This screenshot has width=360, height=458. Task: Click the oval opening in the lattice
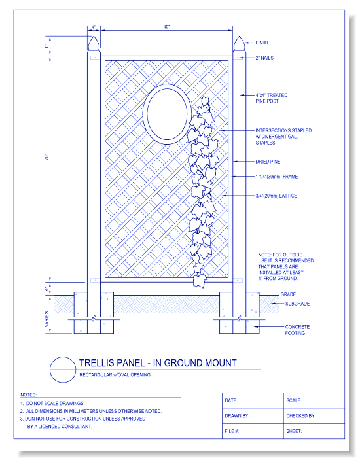tap(164, 113)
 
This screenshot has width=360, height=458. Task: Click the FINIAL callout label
tap(262, 43)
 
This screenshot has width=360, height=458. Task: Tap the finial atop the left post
tap(94, 45)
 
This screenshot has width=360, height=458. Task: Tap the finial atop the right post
tap(238, 45)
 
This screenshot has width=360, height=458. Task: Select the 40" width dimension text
tap(166, 27)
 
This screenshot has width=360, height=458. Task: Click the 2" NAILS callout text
tap(264, 58)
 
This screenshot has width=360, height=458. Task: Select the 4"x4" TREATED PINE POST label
tap(271, 98)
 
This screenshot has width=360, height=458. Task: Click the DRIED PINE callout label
tap(268, 161)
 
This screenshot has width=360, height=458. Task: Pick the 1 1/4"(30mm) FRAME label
tap(277, 177)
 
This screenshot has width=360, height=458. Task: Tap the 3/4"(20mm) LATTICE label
tap(276, 196)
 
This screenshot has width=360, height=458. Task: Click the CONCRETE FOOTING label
tap(297, 330)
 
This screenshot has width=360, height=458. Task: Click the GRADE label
tap(288, 294)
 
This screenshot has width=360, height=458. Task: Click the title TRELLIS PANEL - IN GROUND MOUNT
tap(158, 362)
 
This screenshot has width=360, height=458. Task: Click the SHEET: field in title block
tap(294, 431)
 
